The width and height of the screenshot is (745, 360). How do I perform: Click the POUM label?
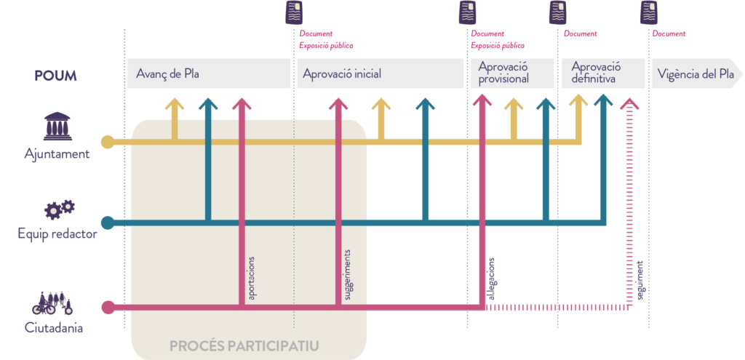pos(55,76)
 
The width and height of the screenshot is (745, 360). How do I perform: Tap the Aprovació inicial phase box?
pos(379,74)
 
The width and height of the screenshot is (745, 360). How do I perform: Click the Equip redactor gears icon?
pos(59,209)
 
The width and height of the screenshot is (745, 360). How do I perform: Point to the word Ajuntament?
pos(57,153)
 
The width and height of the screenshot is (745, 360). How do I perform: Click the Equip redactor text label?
pos(57,234)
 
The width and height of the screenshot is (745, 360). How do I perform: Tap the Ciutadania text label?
pos(54,328)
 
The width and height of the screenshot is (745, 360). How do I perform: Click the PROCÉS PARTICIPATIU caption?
pos(244,346)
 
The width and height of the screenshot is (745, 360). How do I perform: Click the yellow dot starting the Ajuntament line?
pos(108,141)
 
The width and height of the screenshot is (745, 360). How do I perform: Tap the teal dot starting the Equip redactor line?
pos(108,222)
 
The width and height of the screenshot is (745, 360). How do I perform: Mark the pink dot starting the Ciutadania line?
pos(108,308)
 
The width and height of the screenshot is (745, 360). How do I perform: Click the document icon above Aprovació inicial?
pos(293,13)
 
